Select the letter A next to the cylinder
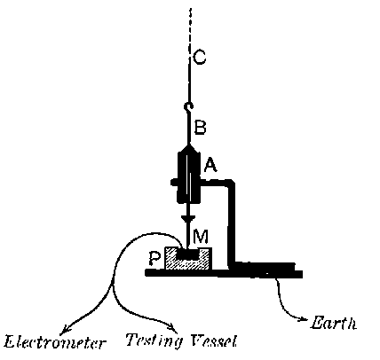210,165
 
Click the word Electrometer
44,340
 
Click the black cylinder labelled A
186,177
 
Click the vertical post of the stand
232,222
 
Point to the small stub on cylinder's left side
172,185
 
